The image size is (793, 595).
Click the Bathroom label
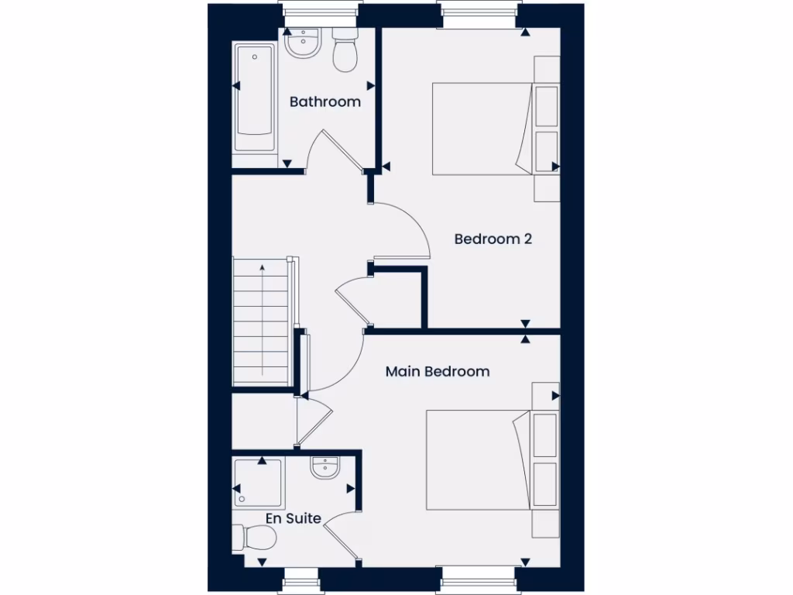[x=325, y=101]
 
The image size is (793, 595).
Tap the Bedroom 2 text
[x=493, y=239]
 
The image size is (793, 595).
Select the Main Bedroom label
[x=438, y=371]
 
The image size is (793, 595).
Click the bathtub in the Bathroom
[x=255, y=99]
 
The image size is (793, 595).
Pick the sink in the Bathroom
[x=302, y=43]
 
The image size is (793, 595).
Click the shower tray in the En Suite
[x=259, y=483]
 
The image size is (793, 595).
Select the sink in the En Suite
[x=324, y=468]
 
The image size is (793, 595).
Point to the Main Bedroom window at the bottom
[x=477, y=580]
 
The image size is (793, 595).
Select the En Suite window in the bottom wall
[x=301, y=580]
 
